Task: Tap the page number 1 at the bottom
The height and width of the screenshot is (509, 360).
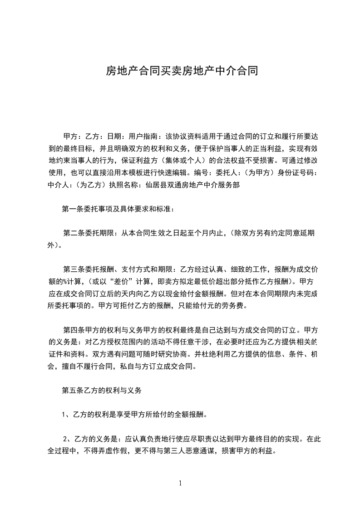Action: [180, 483]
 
